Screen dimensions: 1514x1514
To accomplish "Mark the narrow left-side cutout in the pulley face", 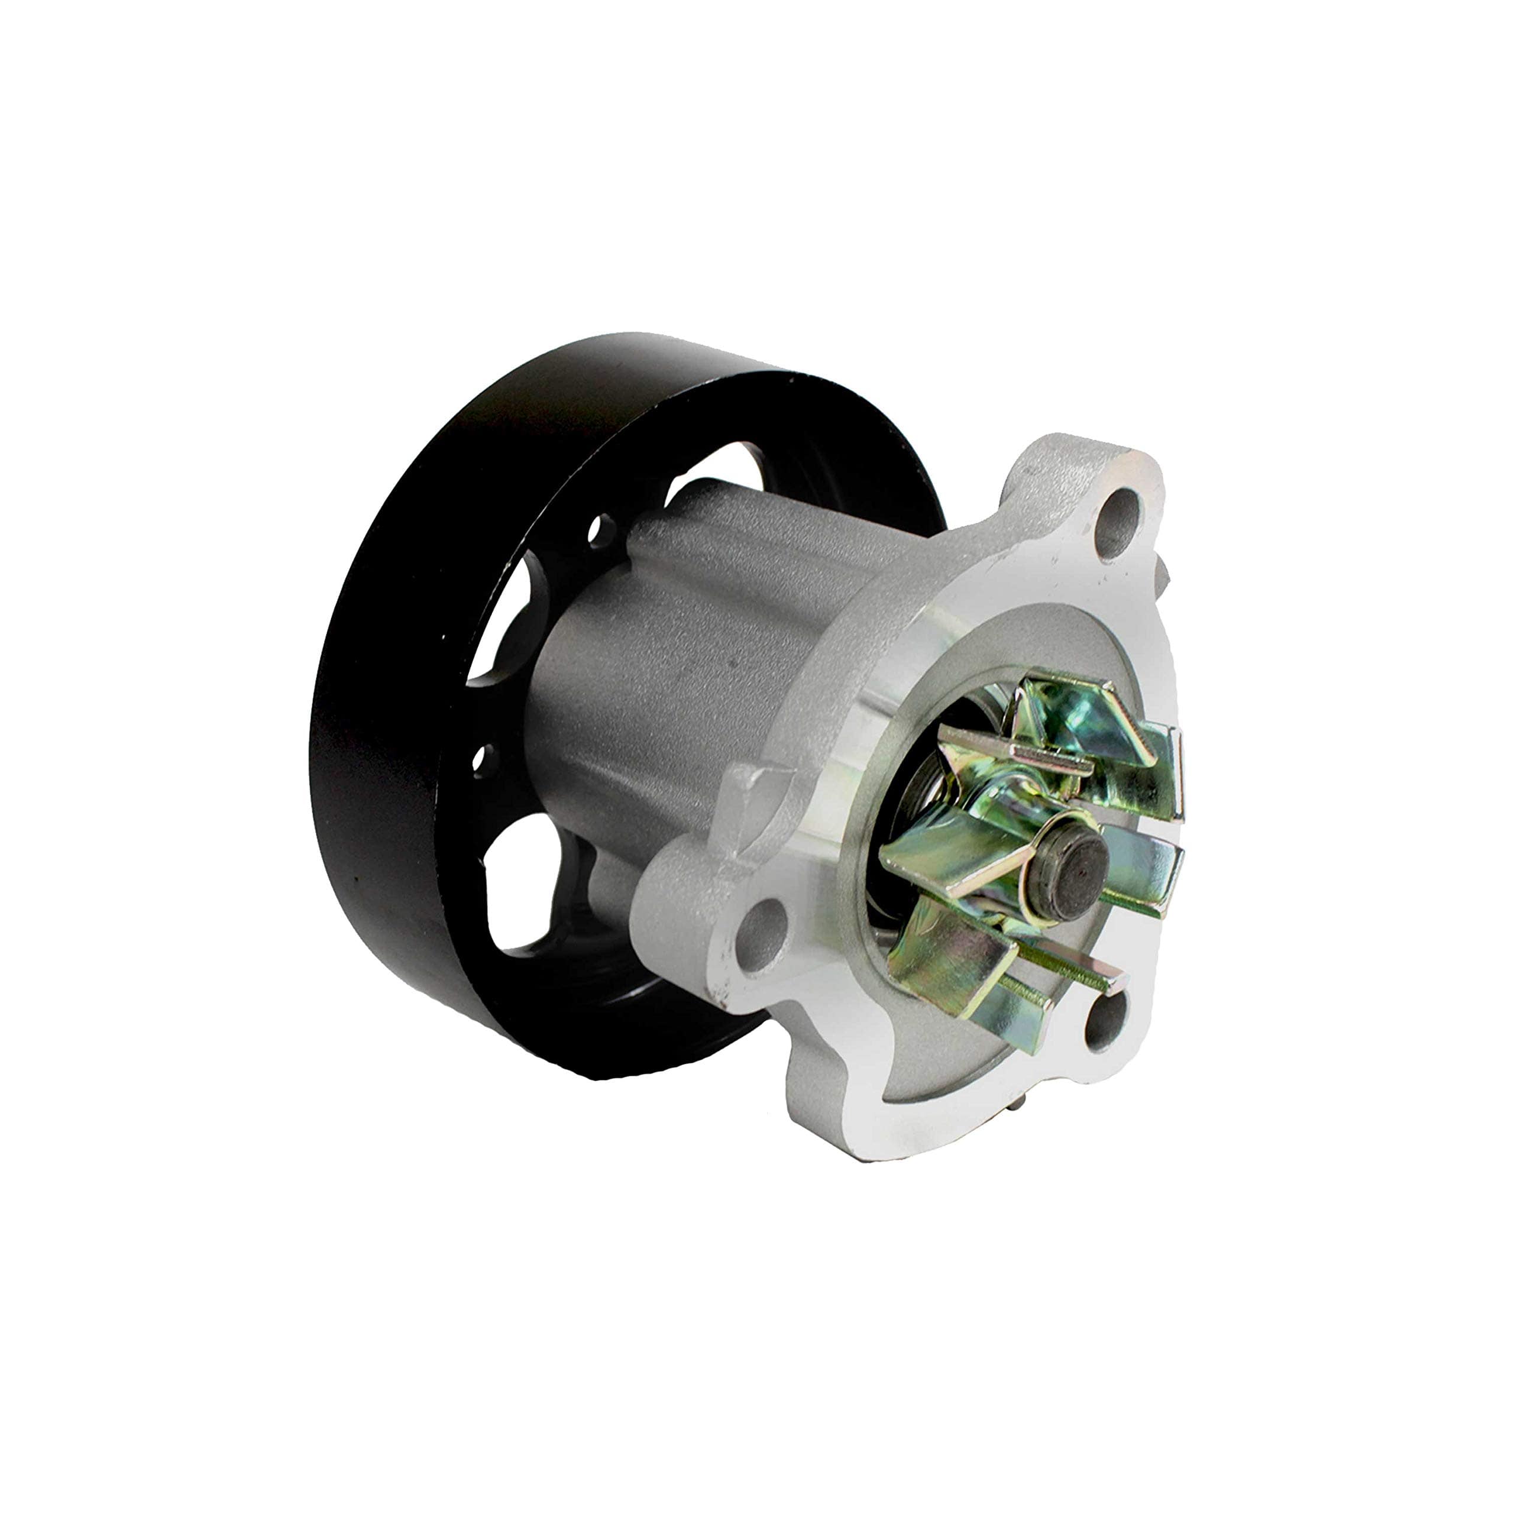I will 513,619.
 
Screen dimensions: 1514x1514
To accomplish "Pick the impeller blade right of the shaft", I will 1144,870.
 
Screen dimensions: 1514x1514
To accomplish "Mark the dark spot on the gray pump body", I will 733,663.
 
